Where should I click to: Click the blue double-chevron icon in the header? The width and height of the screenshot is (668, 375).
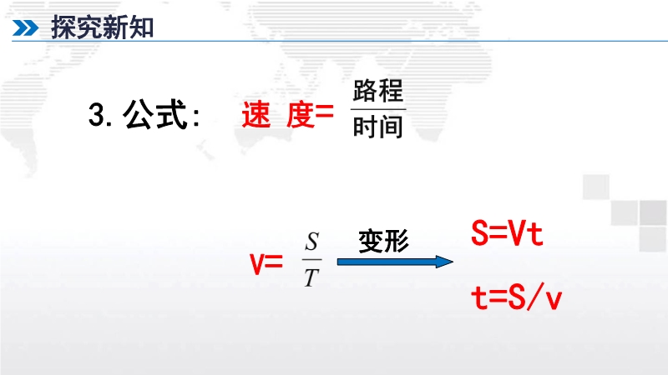(x=25, y=28)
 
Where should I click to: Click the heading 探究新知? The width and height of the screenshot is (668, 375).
(x=102, y=27)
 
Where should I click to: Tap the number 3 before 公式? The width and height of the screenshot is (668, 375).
(x=97, y=115)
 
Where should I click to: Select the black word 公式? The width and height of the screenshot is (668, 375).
(x=155, y=114)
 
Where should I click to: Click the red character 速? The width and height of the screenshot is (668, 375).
(x=256, y=115)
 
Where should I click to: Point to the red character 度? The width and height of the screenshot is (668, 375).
(x=301, y=115)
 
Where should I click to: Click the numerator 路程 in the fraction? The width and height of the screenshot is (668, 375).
(x=378, y=90)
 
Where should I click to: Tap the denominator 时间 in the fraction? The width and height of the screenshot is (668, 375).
(x=378, y=127)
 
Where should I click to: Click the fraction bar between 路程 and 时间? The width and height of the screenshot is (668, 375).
(x=378, y=109)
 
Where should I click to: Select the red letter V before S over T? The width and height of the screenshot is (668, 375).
(x=257, y=264)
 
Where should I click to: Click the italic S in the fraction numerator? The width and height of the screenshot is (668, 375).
(x=311, y=242)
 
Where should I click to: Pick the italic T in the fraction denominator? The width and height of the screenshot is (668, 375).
(x=311, y=278)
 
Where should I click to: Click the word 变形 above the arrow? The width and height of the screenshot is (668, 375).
(x=384, y=241)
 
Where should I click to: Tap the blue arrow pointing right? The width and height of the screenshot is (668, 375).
(x=395, y=262)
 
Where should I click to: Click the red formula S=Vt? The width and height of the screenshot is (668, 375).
(x=507, y=233)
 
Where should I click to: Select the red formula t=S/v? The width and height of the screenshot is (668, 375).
(x=516, y=297)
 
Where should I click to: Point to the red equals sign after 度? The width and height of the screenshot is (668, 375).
(x=324, y=113)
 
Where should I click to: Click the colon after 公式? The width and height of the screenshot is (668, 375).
(x=196, y=117)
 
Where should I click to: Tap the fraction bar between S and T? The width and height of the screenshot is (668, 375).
(x=311, y=259)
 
